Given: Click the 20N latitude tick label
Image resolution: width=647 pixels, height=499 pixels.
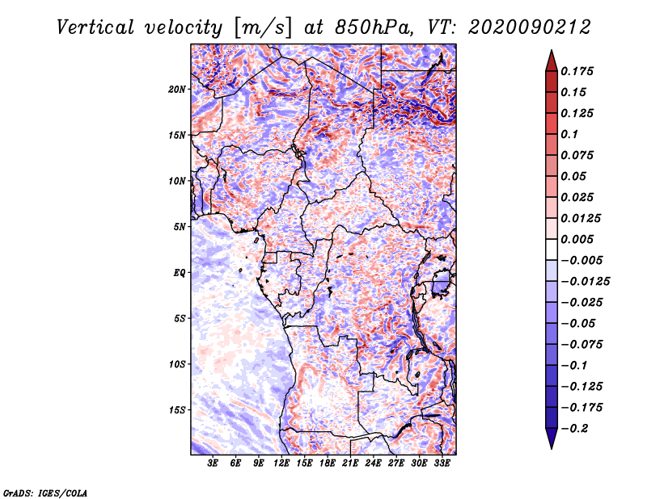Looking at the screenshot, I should (177, 89).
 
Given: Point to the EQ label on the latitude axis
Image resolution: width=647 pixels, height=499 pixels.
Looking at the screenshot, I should (179, 272).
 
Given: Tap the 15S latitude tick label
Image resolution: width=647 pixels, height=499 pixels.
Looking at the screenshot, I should (177, 410).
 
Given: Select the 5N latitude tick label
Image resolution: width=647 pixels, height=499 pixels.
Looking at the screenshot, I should (180, 227).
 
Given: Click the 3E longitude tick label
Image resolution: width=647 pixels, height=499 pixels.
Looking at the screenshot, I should (214, 463).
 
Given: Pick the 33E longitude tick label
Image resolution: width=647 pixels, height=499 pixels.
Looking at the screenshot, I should (442, 463).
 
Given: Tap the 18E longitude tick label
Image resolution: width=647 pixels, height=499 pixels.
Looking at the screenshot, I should (328, 463).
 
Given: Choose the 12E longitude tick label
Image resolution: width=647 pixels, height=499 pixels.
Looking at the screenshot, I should (282, 463).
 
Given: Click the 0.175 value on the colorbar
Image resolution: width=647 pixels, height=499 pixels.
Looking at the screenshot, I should (579, 71).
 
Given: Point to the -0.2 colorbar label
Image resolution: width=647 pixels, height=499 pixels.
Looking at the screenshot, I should (577, 429).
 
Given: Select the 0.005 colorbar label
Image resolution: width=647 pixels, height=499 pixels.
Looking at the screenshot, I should (579, 240).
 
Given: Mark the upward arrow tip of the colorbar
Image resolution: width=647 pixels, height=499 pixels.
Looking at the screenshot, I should (551, 52).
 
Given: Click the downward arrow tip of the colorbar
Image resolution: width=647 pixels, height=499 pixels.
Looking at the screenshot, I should (551, 447).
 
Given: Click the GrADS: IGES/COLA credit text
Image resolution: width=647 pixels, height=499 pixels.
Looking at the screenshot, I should (45, 493).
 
